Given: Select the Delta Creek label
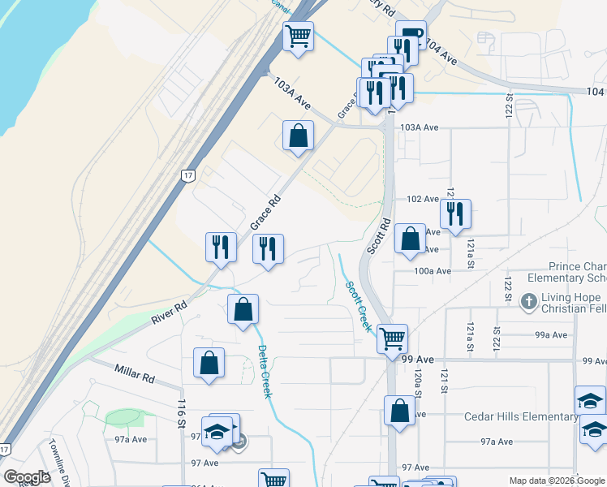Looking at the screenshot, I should pos(265,371).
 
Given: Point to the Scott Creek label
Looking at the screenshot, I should pos(358,306).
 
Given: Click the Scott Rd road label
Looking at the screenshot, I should pos(378,236).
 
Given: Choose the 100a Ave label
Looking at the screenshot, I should pos(432,271).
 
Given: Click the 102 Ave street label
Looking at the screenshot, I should pos(423,199).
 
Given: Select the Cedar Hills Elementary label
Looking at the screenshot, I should pos(520,417).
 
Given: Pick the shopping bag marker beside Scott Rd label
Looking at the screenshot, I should pos(411,239).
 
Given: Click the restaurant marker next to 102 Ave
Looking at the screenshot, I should pos(455,213).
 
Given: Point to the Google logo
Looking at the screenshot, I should pos(27,477).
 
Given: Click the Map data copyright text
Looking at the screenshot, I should pos(557,481).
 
